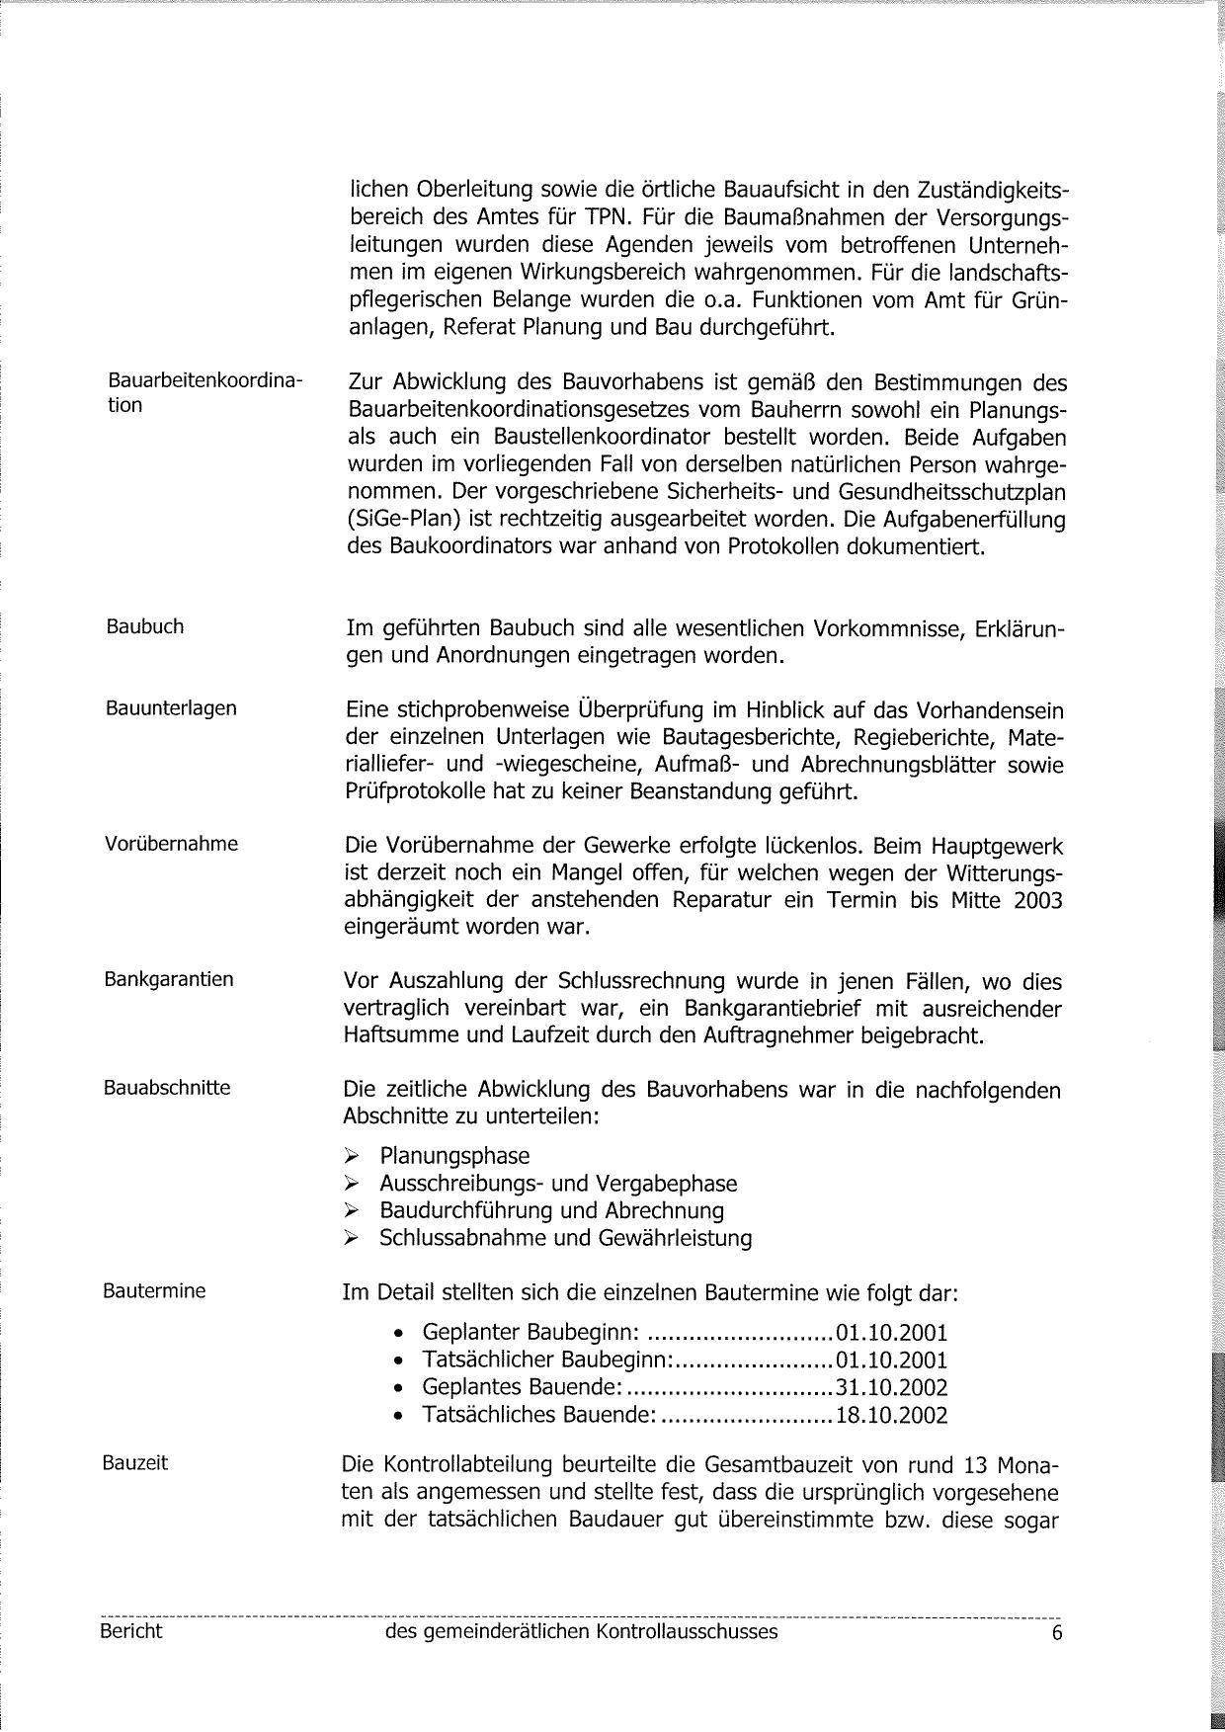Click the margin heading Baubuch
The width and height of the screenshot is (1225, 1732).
coord(145,626)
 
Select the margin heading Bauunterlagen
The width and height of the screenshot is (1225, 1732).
coord(171,708)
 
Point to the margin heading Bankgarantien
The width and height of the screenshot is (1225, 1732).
coord(169,979)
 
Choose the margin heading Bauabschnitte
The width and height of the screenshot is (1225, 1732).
coord(167,1088)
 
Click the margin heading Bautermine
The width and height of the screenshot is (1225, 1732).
coord(154,1290)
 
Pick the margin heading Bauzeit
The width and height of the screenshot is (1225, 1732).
coord(135,1462)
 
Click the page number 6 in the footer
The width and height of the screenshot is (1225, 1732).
coord(1057,1633)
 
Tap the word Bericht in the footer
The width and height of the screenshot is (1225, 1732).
coord(130,1631)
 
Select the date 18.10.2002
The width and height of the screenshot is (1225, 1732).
coord(891,1416)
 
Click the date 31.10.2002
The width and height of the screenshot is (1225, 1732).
coord(891,1388)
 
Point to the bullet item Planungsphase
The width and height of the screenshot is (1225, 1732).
coord(454,1156)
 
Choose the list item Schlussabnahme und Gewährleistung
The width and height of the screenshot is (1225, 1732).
coord(565,1238)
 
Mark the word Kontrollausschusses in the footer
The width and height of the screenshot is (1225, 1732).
coord(687,1632)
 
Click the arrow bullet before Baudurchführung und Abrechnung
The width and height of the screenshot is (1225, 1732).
coord(351,1211)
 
